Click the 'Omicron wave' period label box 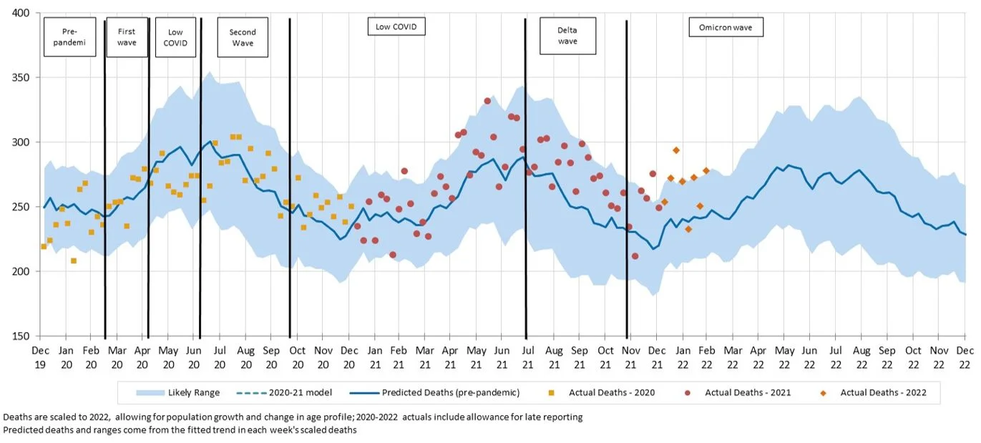coord(726,28)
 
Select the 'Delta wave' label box coord(567,35)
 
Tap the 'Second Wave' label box coord(242,37)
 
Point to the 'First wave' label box coord(127,36)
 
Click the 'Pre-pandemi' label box coord(69,37)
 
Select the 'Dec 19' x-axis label coord(39,357)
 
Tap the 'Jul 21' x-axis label coord(527,357)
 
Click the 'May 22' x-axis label coord(784,357)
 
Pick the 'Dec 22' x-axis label coord(965,357)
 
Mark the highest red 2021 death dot coord(487,101)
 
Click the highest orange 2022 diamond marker coord(676,150)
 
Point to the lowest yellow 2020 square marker coord(74,261)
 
